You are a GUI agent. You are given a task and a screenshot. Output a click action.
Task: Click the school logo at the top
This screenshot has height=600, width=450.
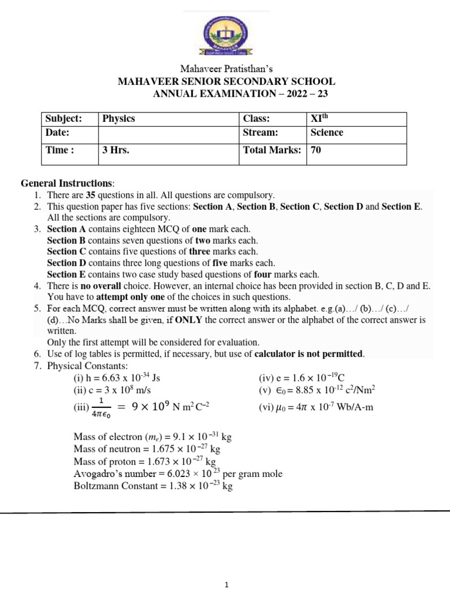(x=226, y=36)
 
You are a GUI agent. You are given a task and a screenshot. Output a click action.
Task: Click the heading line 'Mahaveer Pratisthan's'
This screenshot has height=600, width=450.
(x=226, y=69)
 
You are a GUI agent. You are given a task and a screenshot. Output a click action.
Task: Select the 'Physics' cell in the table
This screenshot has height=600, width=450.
(x=118, y=118)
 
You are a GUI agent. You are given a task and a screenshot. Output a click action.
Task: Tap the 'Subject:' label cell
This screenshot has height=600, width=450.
(x=64, y=118)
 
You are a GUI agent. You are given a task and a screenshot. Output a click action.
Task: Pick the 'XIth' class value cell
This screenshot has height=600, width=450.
(x=319, y=118)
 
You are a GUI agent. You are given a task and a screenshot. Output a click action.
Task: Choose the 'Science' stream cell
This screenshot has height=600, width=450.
(x=327, y=132)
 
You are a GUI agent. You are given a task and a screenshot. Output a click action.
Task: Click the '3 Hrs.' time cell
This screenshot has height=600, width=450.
(x=115, y=150)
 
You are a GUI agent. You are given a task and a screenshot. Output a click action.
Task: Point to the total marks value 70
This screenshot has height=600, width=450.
(x=316, y=150)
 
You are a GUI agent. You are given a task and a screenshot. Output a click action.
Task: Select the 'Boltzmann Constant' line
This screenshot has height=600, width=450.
(x=153, y=486)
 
